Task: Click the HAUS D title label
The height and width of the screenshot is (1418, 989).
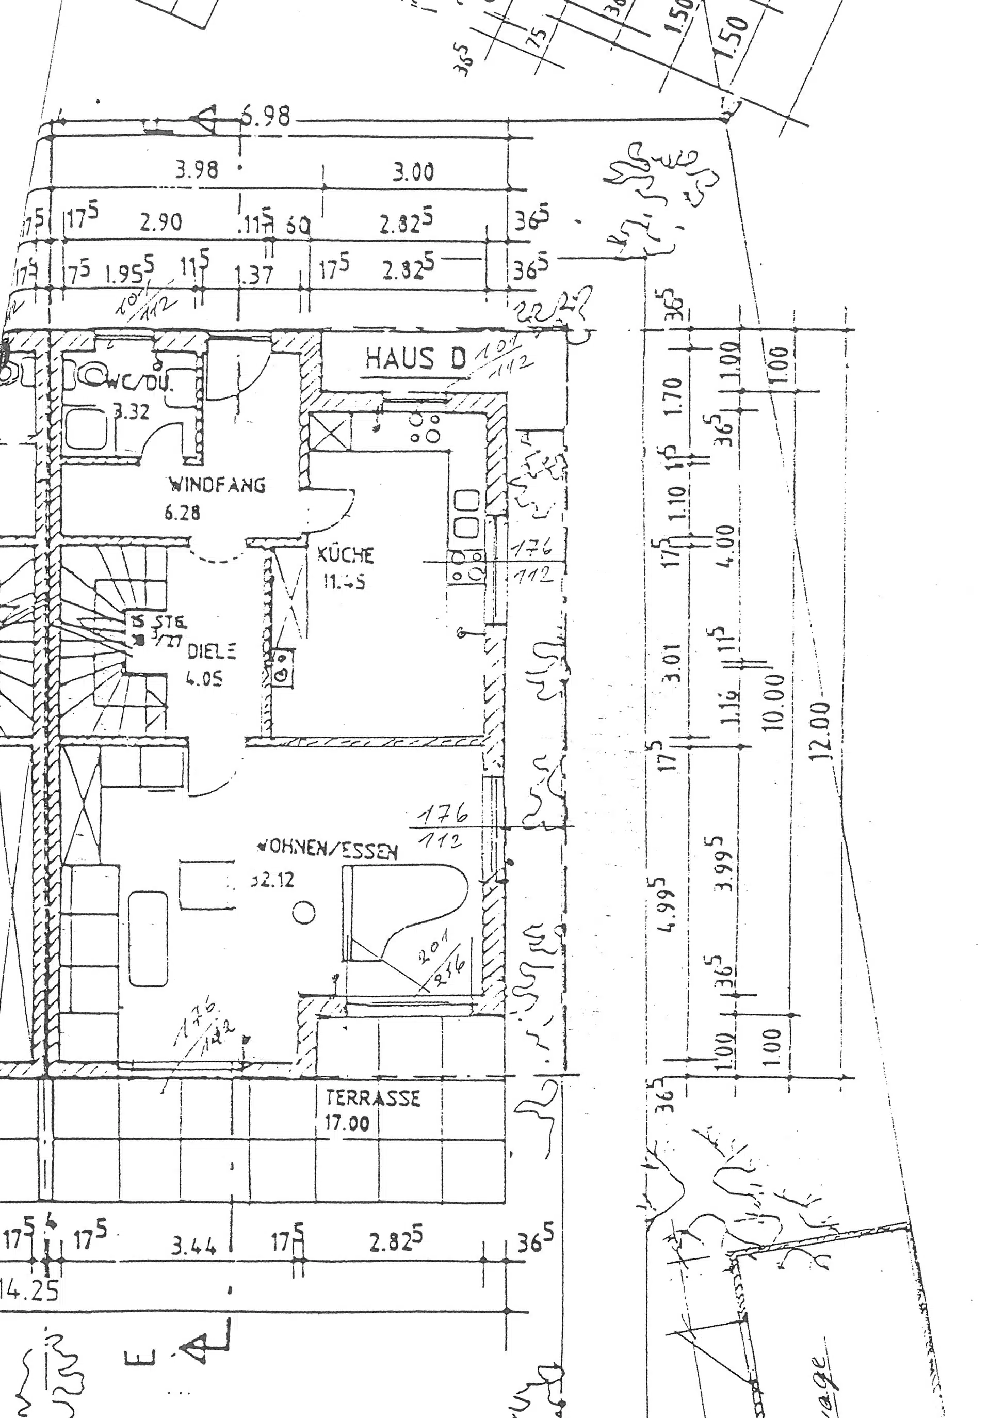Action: pyautogui.click(x=415, y=359)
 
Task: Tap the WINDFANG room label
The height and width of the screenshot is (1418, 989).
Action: pyautogui.click(x=218, y=485)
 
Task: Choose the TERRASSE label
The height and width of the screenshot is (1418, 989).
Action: pyautogui.click(x=373, y=1098)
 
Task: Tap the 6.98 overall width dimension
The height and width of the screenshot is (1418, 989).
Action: pyautogui.click(x=265, y=116)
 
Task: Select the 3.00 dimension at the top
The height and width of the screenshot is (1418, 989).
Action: pyautogui.click(x=414, y=172)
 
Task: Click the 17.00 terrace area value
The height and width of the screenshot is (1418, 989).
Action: pyautogui.click(x=348, y=1123)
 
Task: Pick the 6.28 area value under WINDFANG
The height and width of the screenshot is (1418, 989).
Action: pyautogui.click(x=182, y=512)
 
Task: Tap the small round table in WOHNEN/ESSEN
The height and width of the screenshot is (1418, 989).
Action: pyautogui.click(x=304, y=912)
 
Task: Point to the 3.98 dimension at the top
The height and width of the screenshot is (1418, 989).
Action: pyautogui.click(x=197, y=169)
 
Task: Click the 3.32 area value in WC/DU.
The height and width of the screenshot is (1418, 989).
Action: pyautogui.click(x=132, y=411)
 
